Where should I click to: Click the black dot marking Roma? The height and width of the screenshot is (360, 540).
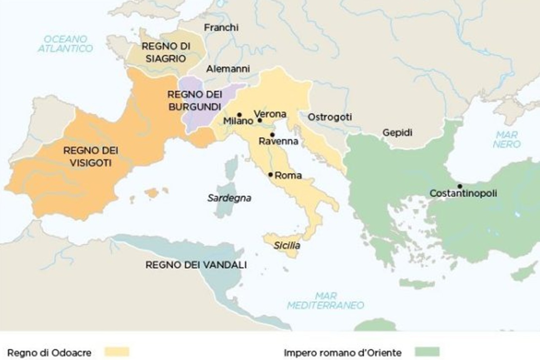tap(270, 175)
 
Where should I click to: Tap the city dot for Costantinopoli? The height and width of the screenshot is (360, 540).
tap(459, 186)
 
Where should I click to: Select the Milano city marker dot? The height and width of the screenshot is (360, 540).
tap(239, 115)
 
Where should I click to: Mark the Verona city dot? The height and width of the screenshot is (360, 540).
tap(260, 120)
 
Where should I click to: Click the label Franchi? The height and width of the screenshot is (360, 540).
tap(221, 27)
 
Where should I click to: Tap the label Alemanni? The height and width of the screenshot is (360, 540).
tap(228, 68)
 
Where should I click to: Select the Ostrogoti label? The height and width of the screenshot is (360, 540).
tap(329, 117)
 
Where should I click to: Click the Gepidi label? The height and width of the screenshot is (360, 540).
tap(397, 132)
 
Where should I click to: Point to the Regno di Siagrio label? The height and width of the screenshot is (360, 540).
tap(165, 52)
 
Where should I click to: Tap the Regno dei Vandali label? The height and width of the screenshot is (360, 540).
tap(196, 265)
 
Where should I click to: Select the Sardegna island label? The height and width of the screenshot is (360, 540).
tap(229, 198)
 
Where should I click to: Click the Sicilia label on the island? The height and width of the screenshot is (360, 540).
tap(287, 245)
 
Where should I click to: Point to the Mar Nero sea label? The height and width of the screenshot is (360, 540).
tap(508, 140)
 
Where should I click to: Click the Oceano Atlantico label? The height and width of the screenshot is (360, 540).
tap(65, 43)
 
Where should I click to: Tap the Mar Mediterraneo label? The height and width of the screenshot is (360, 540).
tap(325, 300)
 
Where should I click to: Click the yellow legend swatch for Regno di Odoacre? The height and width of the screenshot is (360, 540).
tap(117, 352)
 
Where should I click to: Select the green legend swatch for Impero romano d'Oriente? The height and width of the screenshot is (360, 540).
tap(427, 352)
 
